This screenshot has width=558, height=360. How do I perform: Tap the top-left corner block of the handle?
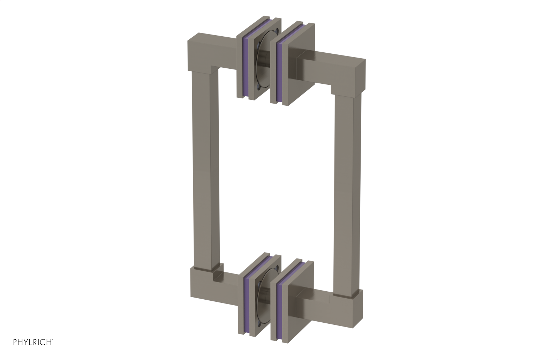click(199, 52)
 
